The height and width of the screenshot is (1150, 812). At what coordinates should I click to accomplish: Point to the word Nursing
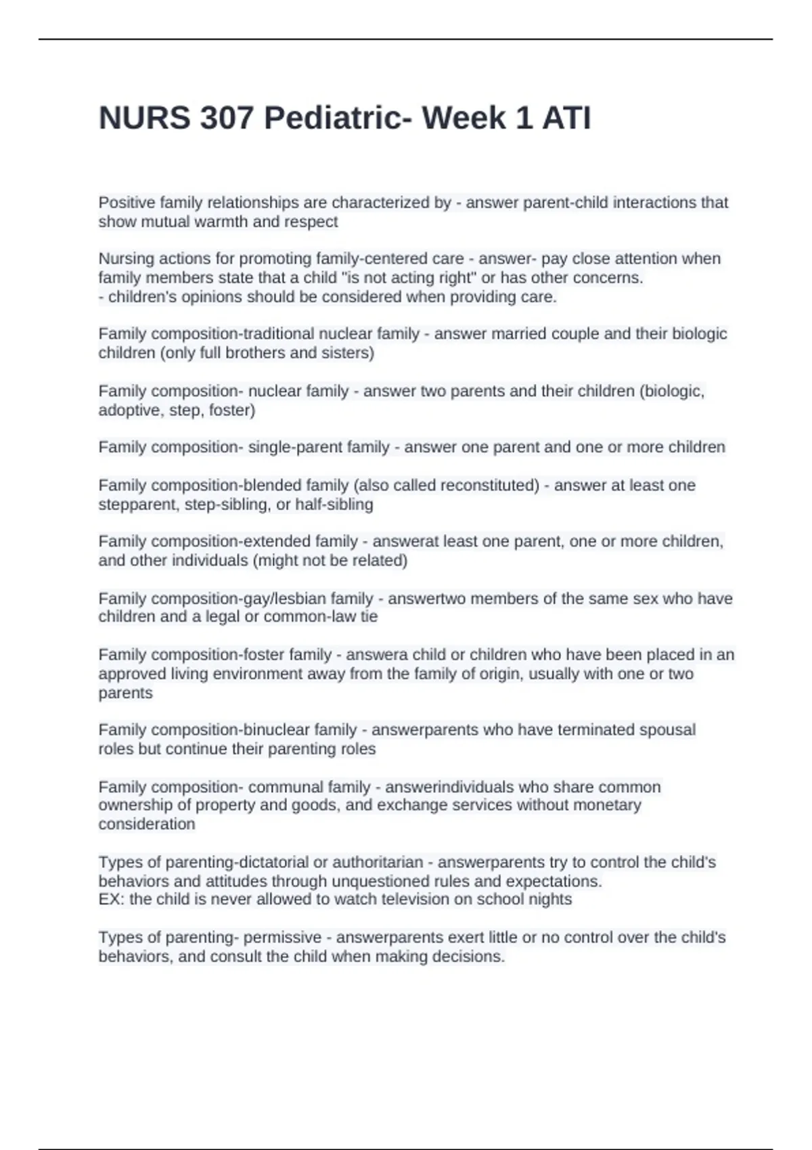127,258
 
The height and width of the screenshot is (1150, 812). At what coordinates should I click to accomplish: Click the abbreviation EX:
111,900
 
